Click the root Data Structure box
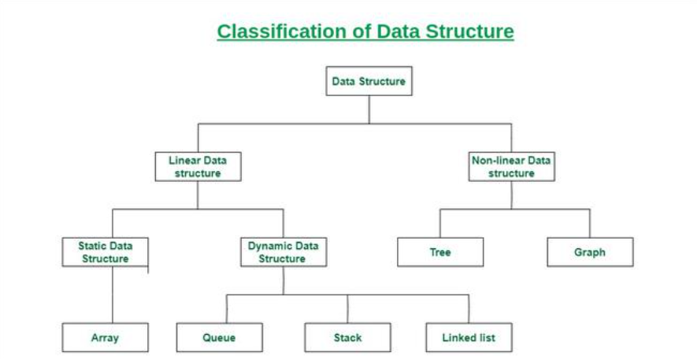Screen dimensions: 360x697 369,81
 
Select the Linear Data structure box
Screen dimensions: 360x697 197,166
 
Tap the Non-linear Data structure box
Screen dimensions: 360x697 511,166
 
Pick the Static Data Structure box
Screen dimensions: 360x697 106,252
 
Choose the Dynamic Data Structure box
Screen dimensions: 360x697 283,252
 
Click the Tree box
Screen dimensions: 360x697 440,252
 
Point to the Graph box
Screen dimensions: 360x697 590,252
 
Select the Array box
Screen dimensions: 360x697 105,338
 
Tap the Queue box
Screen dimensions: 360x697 219,338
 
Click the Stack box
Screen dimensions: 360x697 347,338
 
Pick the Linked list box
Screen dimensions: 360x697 469,338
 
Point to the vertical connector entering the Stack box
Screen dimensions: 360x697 347,308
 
